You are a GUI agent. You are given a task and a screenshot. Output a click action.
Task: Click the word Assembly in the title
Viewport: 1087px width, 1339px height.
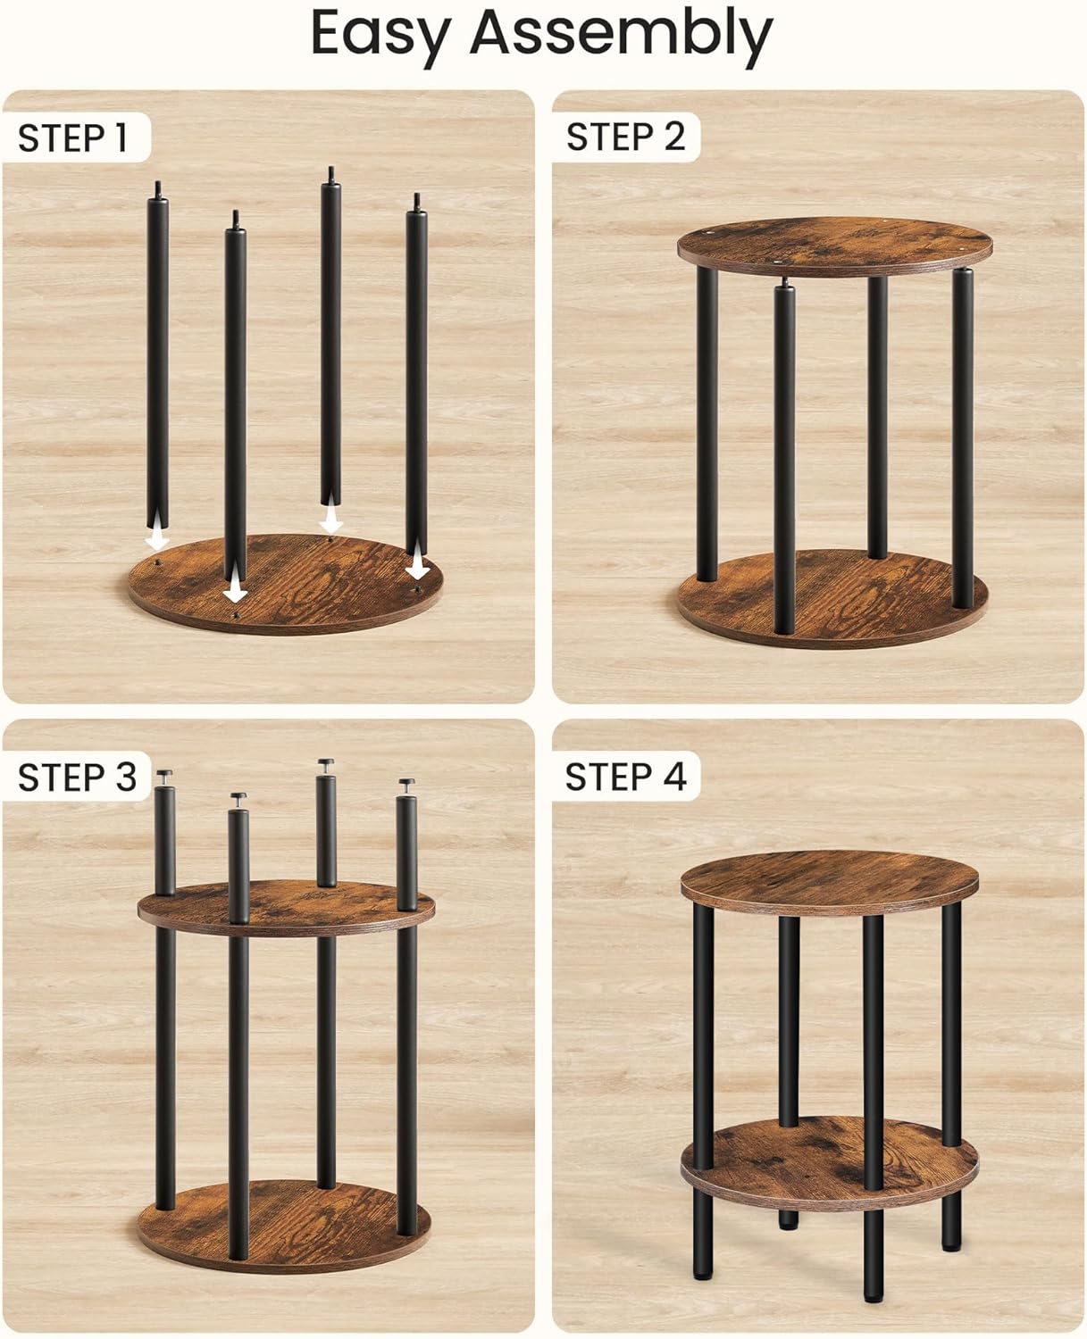(621, 34)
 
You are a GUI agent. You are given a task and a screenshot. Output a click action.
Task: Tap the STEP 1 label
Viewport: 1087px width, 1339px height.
(73, 138)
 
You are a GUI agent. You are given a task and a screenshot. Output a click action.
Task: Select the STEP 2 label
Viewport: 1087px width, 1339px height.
(625, 137)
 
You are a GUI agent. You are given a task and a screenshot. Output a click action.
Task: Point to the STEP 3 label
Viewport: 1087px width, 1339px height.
(77, 777)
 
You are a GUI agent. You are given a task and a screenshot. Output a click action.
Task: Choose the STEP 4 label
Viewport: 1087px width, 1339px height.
(625, 777)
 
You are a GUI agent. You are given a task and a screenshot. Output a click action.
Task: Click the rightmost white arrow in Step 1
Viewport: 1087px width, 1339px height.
(416, 568)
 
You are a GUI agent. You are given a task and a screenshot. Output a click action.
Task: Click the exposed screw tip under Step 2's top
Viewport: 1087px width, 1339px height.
(784, 283)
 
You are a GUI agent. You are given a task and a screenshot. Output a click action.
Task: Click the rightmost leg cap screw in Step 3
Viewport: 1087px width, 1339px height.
(407, 785)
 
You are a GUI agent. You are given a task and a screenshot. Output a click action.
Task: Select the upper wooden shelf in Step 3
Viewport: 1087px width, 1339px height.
(286, 906)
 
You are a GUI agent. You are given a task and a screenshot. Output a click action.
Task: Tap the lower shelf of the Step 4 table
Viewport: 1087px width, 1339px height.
(829, 1160)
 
